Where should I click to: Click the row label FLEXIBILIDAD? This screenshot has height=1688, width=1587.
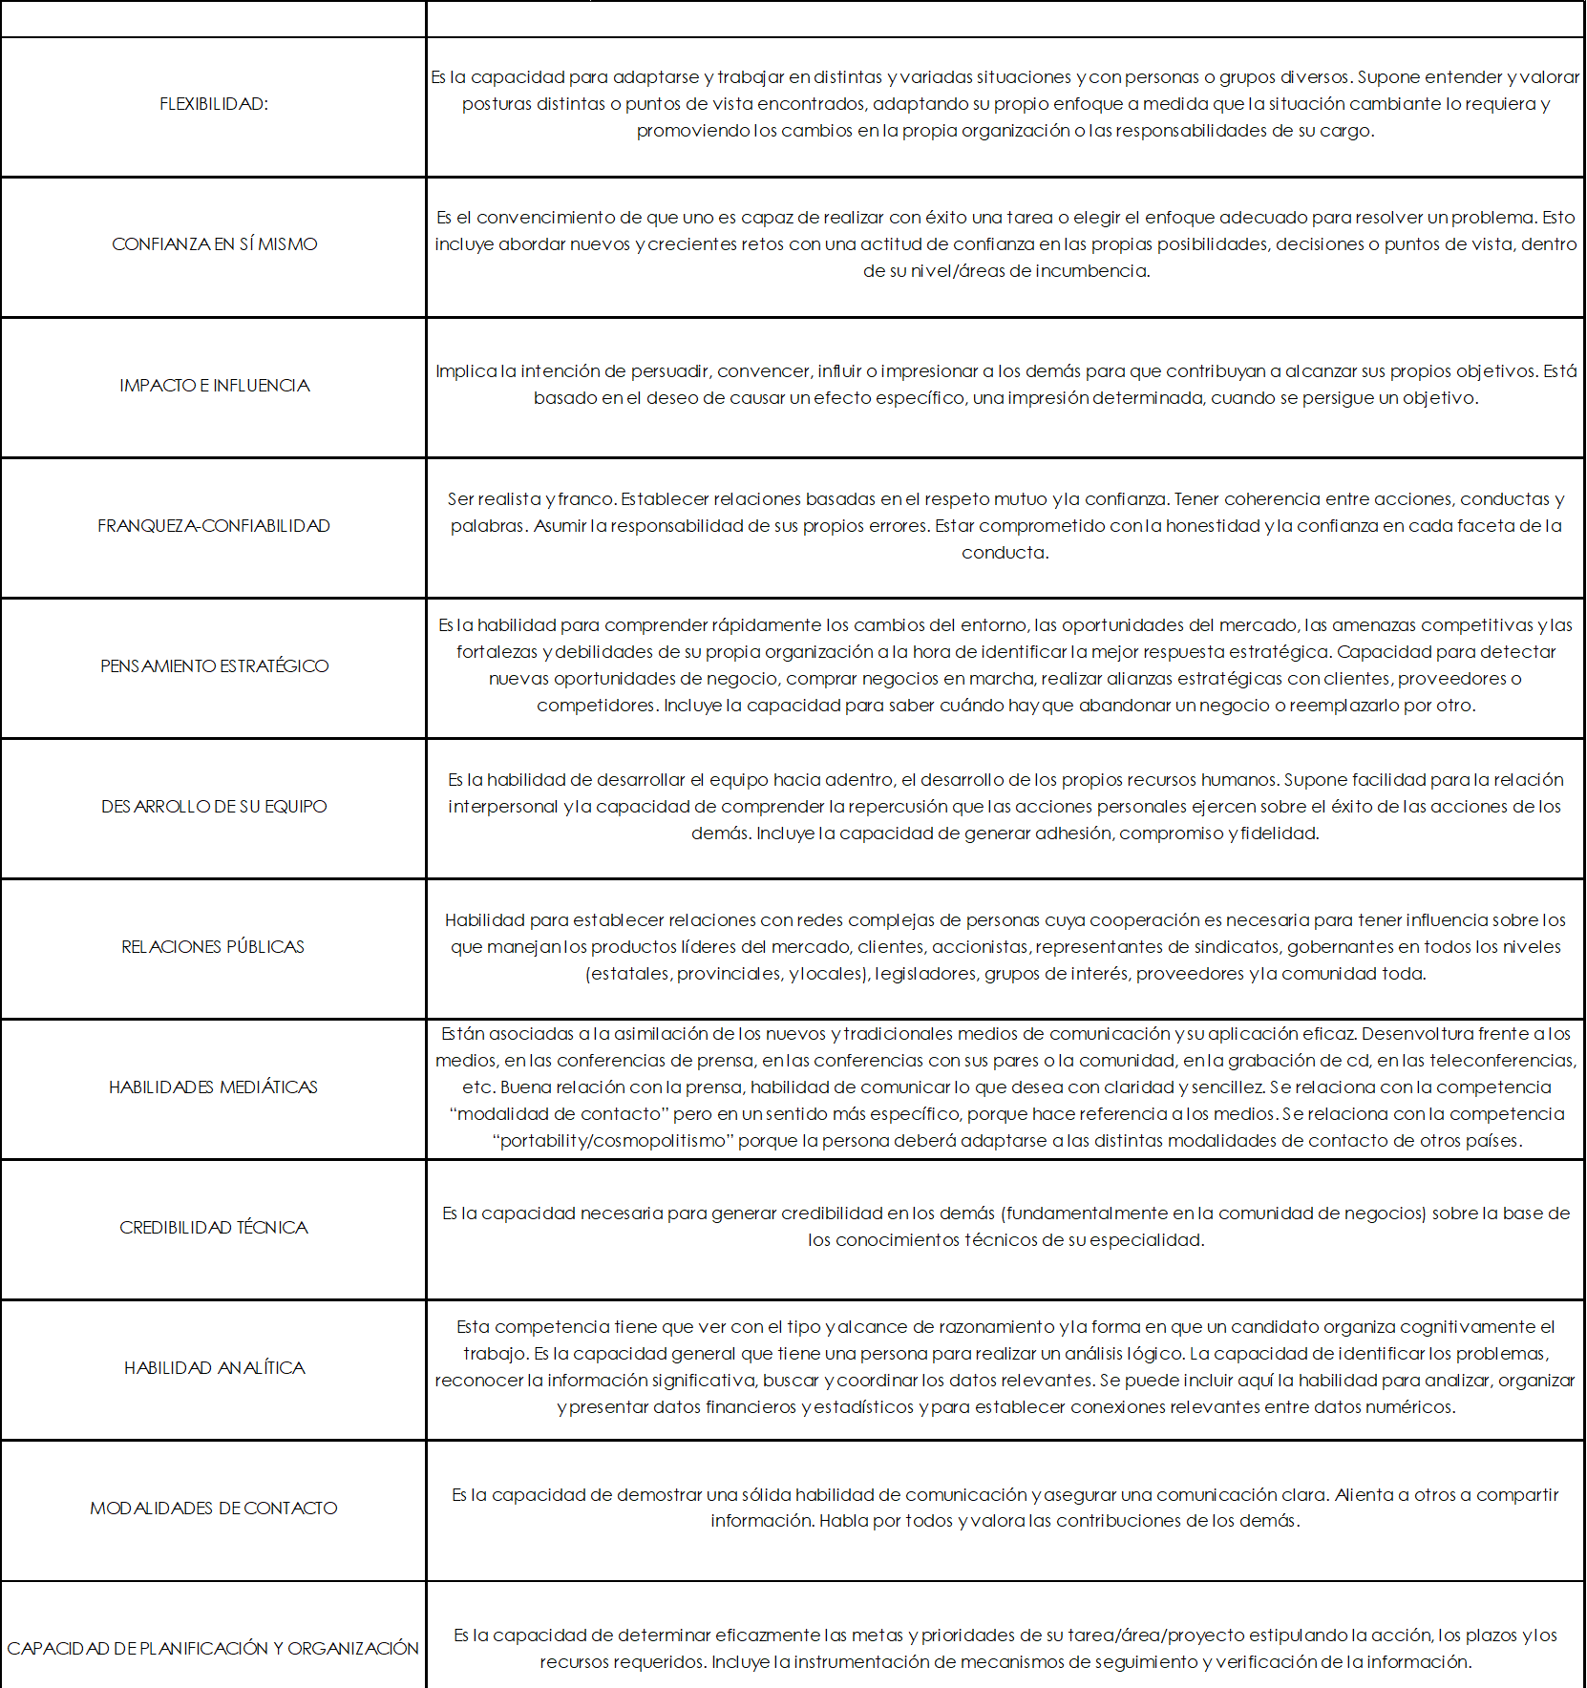[x=214, y=104]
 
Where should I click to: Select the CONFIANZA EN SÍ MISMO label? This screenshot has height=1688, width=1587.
[x=214, y=244]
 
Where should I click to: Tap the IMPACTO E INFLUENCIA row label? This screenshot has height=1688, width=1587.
[x=214, y=386]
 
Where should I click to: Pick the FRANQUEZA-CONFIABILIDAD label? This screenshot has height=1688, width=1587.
[x=214, y=526]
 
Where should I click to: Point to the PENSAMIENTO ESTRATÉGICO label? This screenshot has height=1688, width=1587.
[x=214, y=666]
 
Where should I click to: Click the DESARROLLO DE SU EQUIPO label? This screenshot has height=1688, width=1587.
[x=214, y=807]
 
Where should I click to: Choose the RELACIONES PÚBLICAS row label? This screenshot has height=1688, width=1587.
[x=213, y=947]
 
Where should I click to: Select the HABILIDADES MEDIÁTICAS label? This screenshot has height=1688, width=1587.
[x=213, y=1087]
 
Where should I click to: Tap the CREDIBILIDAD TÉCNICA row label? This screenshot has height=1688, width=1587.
[x=214, y=1228]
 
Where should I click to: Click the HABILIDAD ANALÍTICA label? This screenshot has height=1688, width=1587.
[x=214, y=1368]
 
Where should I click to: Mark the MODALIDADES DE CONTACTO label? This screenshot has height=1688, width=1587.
[x=214, y=1509]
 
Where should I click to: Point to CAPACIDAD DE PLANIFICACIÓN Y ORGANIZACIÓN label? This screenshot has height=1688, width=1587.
[x=213, y=1649]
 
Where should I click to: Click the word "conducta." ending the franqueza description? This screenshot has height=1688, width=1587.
[x=1005, y=553]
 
